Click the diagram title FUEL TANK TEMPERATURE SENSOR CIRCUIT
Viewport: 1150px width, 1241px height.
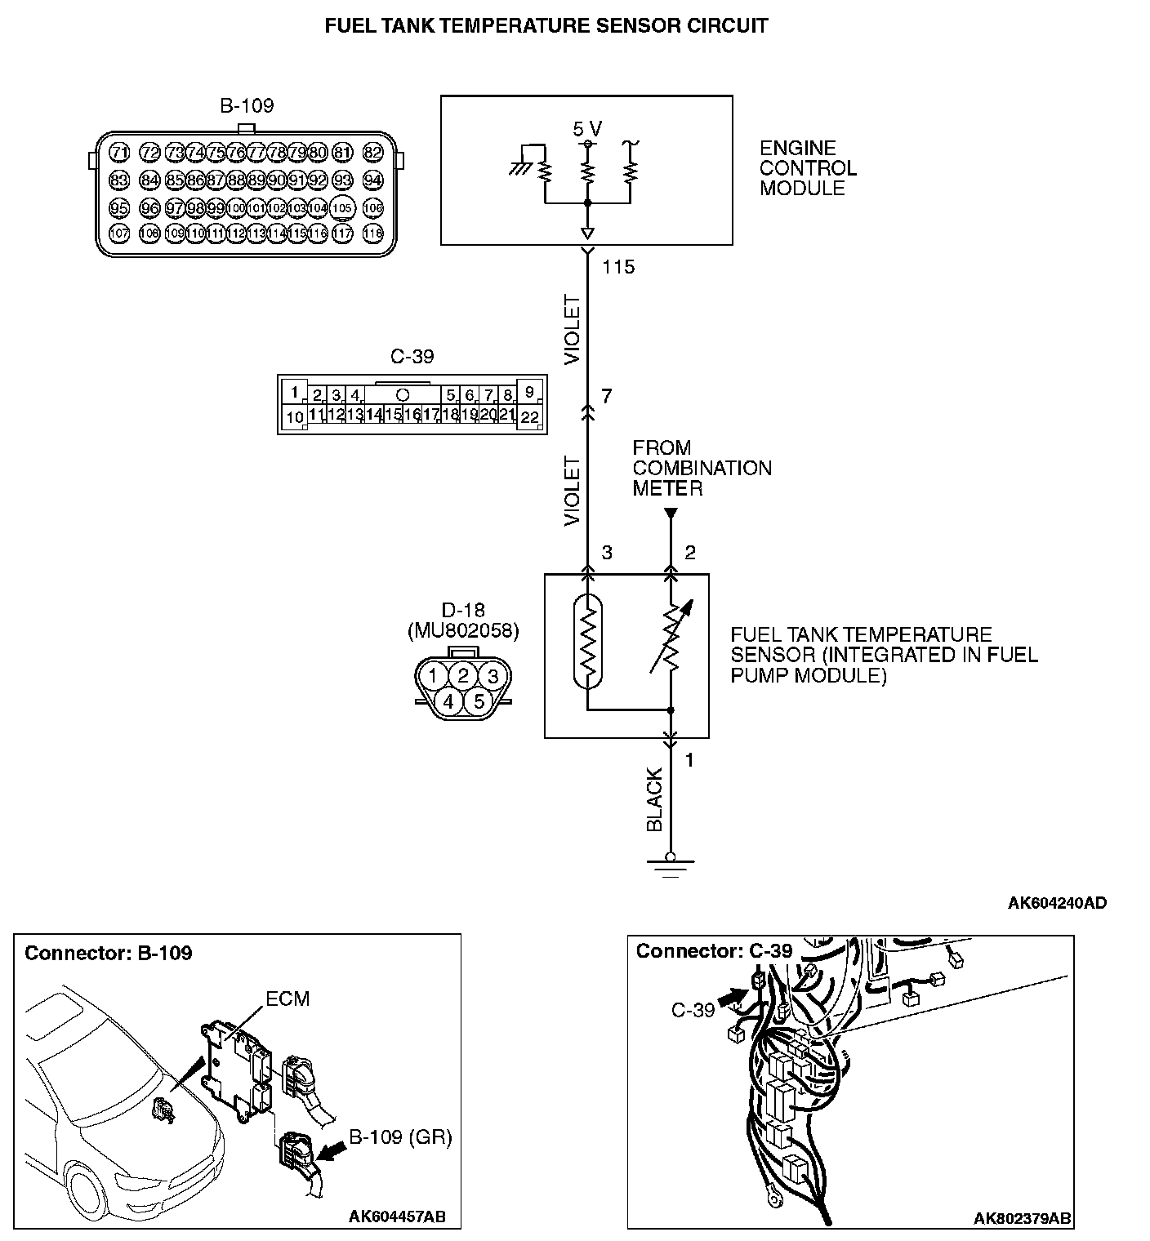tap(546, 25)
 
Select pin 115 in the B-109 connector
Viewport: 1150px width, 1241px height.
tap(297, 234)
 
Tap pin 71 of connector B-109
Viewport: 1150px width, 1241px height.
tap(120, 153)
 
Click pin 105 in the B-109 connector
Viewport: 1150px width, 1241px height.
tap(343, 208)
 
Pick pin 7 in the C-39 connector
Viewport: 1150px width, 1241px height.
tap(488, 395)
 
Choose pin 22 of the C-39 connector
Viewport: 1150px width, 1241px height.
tap(529, 416)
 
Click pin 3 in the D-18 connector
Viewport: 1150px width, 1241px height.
tap(492, 676)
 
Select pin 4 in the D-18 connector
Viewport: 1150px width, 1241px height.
tap(448, 701)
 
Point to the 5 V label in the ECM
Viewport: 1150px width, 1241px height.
tap(586, 129)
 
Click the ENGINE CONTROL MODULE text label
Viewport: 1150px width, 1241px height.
tap(808, 168)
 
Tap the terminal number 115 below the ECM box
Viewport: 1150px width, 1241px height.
tap(617, 267)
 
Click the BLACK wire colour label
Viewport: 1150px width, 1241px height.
tap(654, 799)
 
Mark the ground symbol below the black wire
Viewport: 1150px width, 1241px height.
tap(670, 866)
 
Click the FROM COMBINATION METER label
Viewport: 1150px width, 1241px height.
tap(702, 468)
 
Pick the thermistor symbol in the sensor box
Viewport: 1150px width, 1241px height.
tap(586, 642)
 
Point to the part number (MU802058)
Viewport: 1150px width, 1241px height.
tap(462, 630)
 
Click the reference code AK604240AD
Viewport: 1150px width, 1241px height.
tap(1057, 902)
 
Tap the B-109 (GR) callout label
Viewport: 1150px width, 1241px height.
tap(400, 1137)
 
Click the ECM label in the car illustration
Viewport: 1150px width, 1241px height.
tap(287, 999)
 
